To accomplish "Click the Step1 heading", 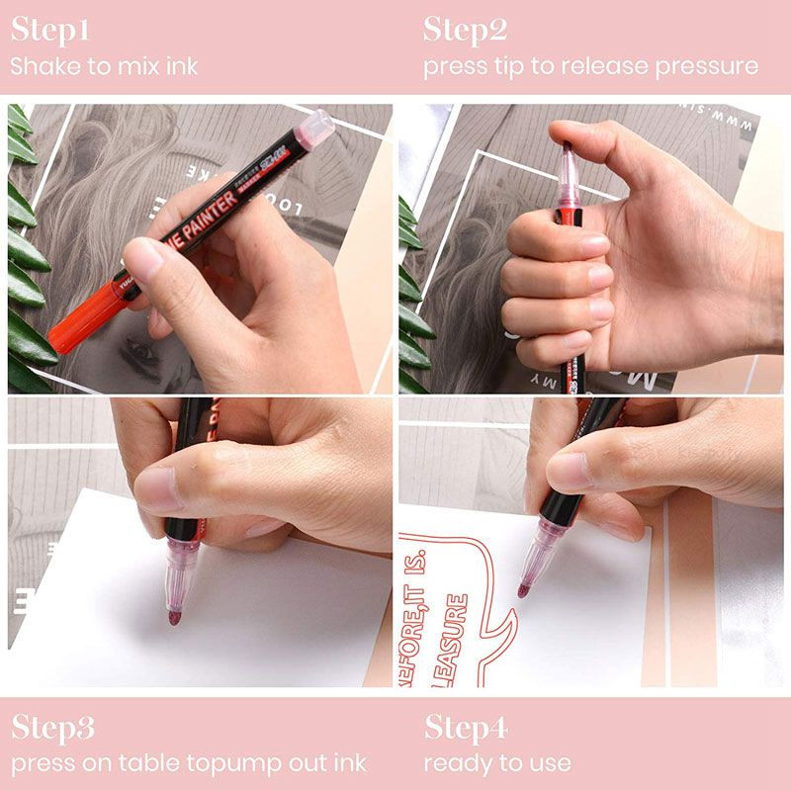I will pos(50,31).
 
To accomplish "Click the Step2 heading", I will pos(466,31).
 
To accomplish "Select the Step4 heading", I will pos(467,730).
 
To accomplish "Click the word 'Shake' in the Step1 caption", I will pos(42,67).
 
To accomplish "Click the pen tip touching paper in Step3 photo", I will pos(174,617).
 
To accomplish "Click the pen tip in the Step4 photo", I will pos(524,589).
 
